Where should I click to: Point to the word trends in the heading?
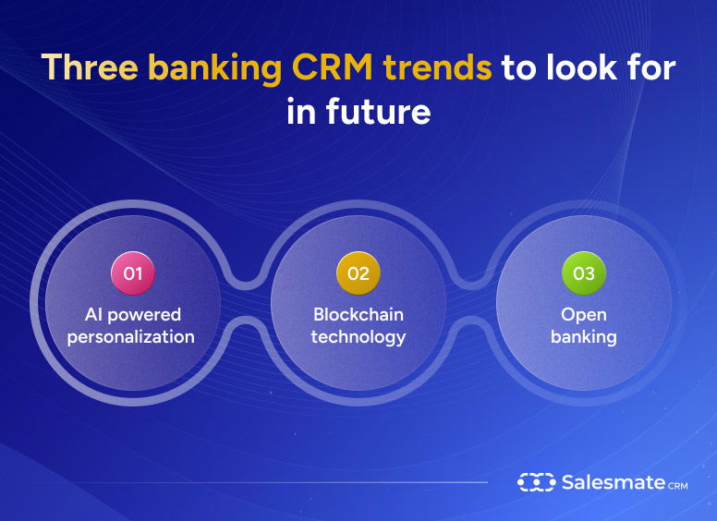click(443, 68)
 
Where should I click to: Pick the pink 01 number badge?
click(133, 273)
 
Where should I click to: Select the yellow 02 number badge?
click(358, 273)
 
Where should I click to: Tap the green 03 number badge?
click(584, 273)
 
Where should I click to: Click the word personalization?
click(131, 337)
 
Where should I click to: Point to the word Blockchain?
click(358, 315)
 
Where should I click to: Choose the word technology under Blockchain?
click(358, 337)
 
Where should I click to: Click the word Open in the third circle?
click(584, 315)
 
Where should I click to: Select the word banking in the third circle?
click(584, 337)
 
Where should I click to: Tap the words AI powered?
click(133, 315)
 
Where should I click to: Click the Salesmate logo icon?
click(535, 482)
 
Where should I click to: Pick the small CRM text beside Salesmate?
click(677, 485)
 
